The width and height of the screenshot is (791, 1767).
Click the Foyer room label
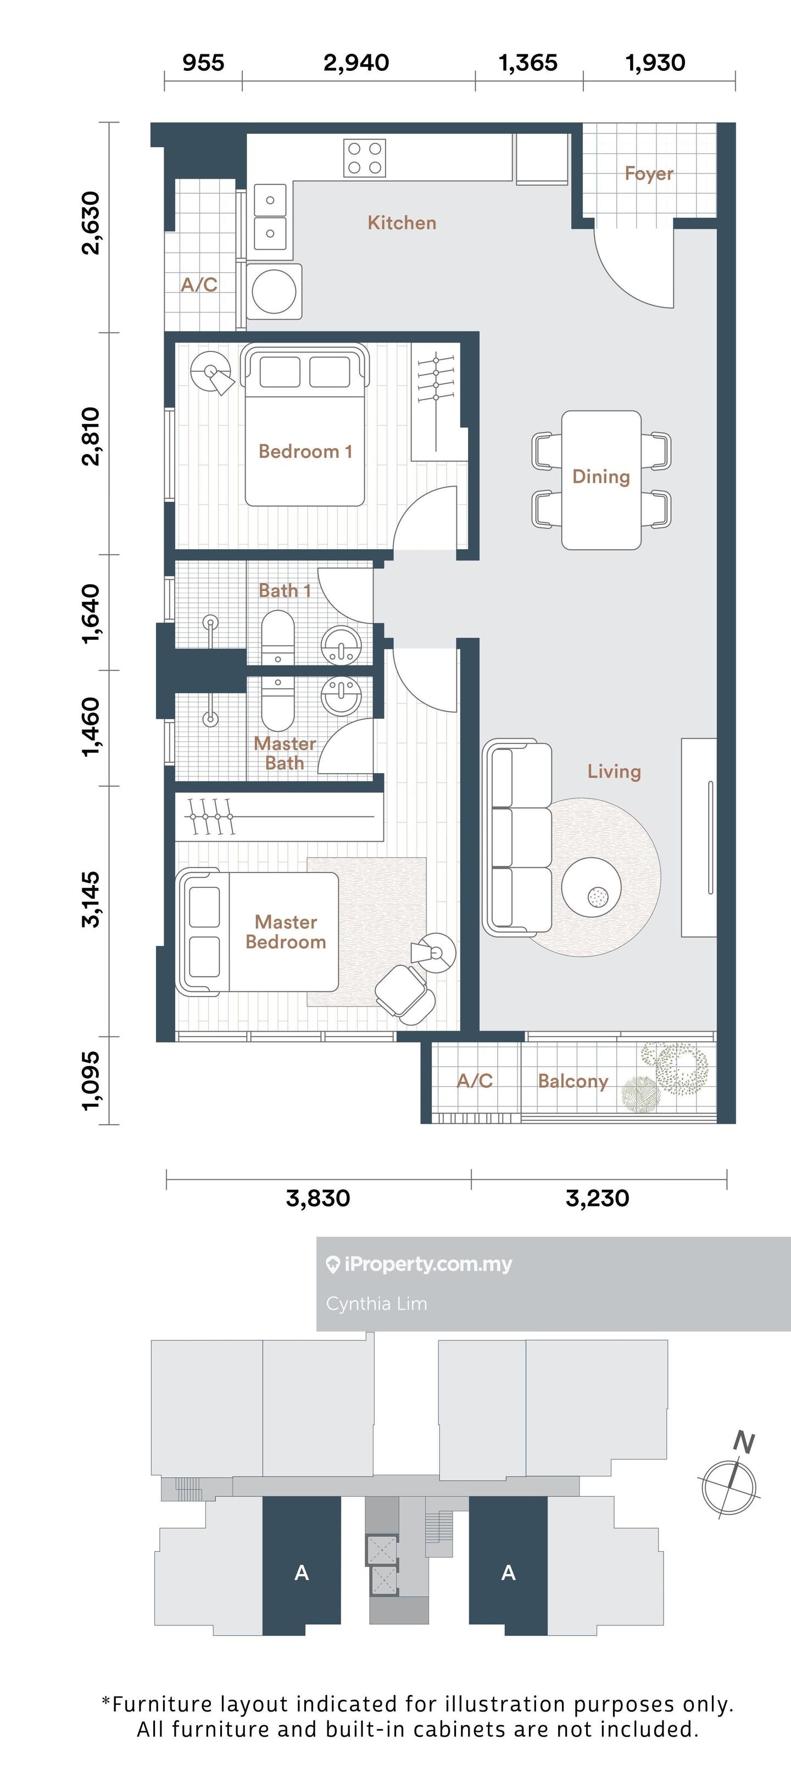[x=648, y=174]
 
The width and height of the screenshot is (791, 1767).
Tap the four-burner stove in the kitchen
[x=364, y=158]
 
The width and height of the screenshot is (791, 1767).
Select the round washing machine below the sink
[x=274, y=291]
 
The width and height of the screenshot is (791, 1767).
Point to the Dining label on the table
[x=601, y=476]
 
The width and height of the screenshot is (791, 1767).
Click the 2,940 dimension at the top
[x=356, y=63]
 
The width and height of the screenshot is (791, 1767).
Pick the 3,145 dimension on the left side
[x=91, y=899]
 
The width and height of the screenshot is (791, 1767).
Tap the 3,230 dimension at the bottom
[x=598, y=1198]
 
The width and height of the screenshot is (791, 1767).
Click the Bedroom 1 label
[x=305, y=451]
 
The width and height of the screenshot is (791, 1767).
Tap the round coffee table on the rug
[x=592, y=887]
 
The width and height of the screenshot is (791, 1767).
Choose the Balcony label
[x=573, y=1081]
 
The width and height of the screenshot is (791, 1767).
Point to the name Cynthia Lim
[x=377, y=1304]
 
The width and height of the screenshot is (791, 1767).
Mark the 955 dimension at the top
[x=203, y=63]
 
